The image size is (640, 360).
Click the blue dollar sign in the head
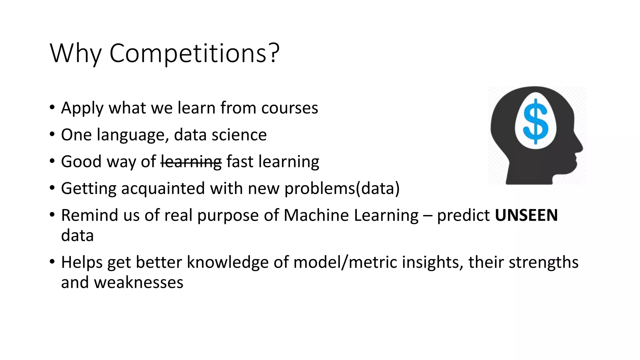tap(536, 122)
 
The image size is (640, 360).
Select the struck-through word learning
tap(191, 162)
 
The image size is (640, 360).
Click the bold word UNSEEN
tap(526, 215)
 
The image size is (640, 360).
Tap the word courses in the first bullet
tap(289, 108)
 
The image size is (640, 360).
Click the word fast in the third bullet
tap(240, 162)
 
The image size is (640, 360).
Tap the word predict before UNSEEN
tap(463, 215)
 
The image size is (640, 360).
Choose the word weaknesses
tap(138, 282)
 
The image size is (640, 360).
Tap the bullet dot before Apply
tap(52, 108)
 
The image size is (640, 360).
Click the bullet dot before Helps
tap(52, 262)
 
